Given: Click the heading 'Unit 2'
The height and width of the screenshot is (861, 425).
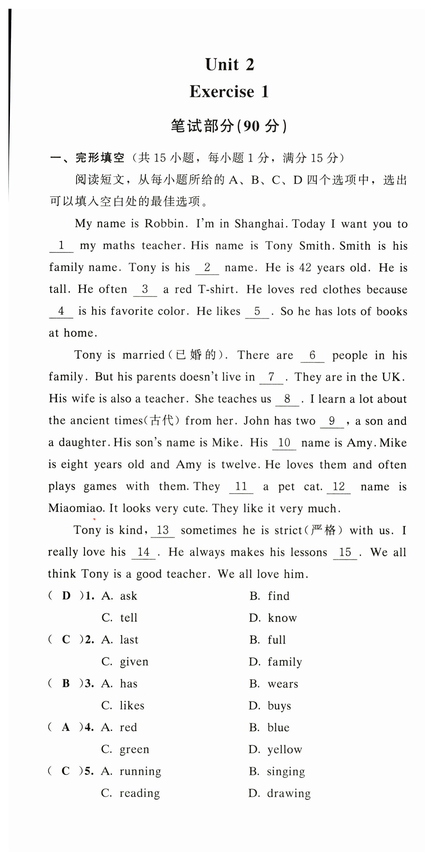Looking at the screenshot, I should (x=229, y=65).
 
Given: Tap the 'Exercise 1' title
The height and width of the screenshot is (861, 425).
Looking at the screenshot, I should (x=229, y=91).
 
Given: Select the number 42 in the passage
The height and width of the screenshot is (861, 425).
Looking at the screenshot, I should (x=305, y=267).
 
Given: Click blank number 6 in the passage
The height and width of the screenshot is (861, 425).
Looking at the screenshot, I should (x=312, y=355).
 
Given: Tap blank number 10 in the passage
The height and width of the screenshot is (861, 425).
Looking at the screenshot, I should (x=284, y=442).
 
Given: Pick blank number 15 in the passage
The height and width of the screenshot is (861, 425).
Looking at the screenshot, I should (x=345, y=552).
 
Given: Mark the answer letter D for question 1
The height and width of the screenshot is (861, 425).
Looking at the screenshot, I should (x=66, y=596).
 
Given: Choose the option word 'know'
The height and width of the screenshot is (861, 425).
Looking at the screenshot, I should (x=282, y=618).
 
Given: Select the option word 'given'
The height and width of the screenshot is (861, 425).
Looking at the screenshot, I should (x=134, y=661).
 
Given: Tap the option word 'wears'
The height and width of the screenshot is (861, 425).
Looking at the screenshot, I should (x=283, y=684).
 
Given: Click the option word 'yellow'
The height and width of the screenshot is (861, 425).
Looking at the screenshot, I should (x=285, y=749).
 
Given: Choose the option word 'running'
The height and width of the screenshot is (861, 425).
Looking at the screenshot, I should (x=140, y=771).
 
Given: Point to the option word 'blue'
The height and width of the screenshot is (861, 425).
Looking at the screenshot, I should (x=278, y=727).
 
